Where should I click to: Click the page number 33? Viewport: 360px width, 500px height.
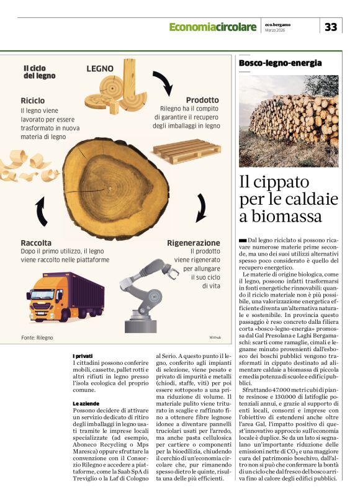click(331, 27)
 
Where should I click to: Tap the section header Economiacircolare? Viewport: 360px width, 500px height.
click(212, 27)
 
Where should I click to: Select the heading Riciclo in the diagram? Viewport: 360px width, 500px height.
click(32, 100)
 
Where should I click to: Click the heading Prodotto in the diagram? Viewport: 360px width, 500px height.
click(202, 100)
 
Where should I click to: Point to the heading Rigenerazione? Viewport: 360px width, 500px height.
click(193, 243)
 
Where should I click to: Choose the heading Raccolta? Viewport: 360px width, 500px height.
click(35, 243)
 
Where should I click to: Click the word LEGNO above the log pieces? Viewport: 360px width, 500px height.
click(99, 68)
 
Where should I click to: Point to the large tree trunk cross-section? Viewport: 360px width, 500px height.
click(116, 187)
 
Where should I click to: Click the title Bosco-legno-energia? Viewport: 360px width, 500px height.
click(281, 63)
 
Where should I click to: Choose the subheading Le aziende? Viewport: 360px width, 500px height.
click(86, 404)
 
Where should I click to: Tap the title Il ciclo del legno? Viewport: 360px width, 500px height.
click(39, 72)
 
